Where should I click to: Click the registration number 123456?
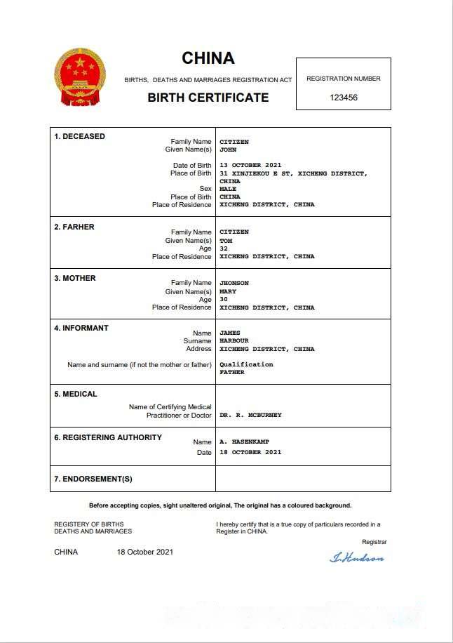click(344, 98)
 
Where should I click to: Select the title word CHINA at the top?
click(208, 58)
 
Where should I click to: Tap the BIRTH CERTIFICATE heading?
click(208, 98)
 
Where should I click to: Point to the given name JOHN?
click(228, 150)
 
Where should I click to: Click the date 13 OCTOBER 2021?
click(250, 166)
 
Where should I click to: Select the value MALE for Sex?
click(228, 189)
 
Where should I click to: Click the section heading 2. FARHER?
click(74, 227)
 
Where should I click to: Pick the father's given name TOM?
click(226, 241)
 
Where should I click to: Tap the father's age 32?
click(224, 248)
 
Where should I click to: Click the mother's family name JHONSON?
click(234, 283)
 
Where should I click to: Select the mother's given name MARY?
click(228, 291)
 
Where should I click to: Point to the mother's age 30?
click(224, 299)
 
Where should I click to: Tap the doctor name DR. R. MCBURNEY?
click(250, 415)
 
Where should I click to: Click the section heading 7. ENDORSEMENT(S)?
click(93, 479)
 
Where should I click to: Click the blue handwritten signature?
click(357, 558)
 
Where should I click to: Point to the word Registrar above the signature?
click(374, 542)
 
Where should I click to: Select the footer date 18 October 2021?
click(145, 552)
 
